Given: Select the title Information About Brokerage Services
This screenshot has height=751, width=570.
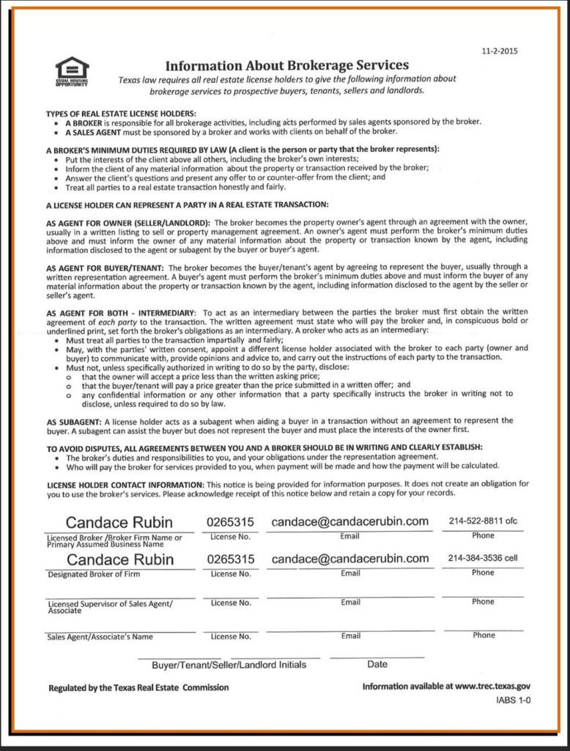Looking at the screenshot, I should coord(287,65).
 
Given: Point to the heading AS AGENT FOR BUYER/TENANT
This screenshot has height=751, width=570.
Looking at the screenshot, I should coord(104,268).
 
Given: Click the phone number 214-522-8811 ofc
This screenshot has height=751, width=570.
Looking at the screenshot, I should coord(483,521).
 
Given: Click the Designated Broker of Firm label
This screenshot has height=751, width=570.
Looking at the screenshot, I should coord(94,574).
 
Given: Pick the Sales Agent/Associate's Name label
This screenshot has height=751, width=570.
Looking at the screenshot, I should coord(100,637).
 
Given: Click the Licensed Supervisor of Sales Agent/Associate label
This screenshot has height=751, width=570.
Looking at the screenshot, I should coord(110,607).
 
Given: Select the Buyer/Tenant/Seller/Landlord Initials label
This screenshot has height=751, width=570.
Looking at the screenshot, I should coord(229,664).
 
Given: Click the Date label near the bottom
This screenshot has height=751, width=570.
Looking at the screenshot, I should coord(377,664).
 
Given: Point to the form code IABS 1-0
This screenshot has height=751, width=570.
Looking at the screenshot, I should coord(513,701).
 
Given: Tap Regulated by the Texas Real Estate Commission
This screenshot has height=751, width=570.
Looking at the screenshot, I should coord(138,688).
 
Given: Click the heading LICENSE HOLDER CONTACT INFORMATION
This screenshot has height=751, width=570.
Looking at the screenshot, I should coord(125,485).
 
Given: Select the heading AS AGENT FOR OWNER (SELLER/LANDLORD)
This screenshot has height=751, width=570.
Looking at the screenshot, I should coord(127,222).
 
